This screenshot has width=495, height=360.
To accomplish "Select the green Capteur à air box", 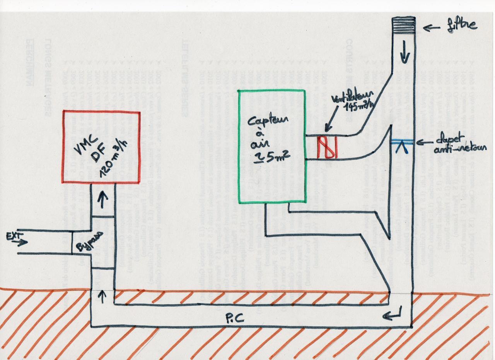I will (272, 146).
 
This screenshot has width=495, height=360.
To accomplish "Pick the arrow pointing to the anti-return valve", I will (424, 142).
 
